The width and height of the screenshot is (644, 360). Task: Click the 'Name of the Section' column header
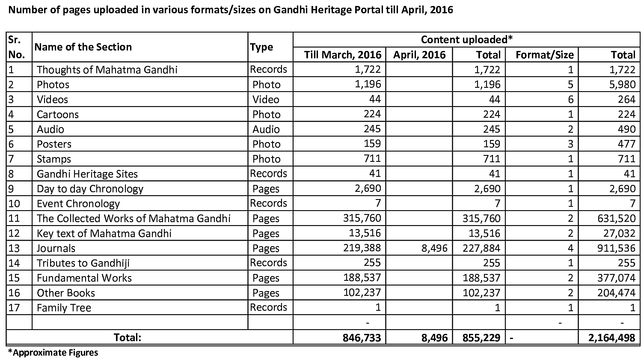tap(83, 47)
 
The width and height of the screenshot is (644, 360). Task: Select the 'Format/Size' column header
tap(544, 55)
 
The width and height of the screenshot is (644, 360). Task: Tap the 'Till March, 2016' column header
tap(342, 55)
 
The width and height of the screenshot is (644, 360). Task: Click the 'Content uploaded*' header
tap(466, 40)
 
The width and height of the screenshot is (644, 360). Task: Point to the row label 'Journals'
tap(56, 248)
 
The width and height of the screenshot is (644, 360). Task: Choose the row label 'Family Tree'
tap(64, 308)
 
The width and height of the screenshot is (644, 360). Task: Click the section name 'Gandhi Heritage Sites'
tap(87, 174)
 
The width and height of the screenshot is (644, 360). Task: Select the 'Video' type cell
tap(266, 99)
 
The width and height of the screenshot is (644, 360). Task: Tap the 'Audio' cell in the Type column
tap(266, 129)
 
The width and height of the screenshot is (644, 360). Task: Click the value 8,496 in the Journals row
tap(434, 248)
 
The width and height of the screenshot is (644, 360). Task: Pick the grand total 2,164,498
tap(612, 337)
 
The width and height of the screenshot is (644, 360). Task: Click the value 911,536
tap(617, 248)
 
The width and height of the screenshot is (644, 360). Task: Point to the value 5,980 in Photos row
tap(621, 84)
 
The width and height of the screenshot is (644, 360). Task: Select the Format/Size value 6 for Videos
tap(570, 99)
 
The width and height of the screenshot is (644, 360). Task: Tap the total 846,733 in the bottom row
tap(362, 337)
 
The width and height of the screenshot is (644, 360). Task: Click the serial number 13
tap(14, 248)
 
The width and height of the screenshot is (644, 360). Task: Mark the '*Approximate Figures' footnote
tap(53, 353)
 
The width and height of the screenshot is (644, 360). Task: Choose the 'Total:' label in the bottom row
tap(128, 337)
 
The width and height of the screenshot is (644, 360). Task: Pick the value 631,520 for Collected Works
tap(617, 219)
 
